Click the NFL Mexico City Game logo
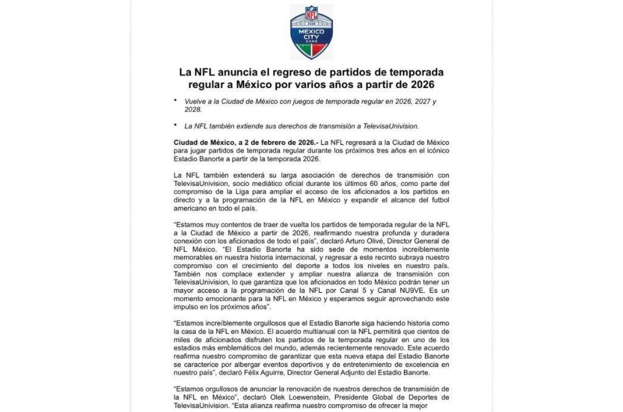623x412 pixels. pos(311,32)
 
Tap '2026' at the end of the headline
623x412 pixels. pos(428,84)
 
